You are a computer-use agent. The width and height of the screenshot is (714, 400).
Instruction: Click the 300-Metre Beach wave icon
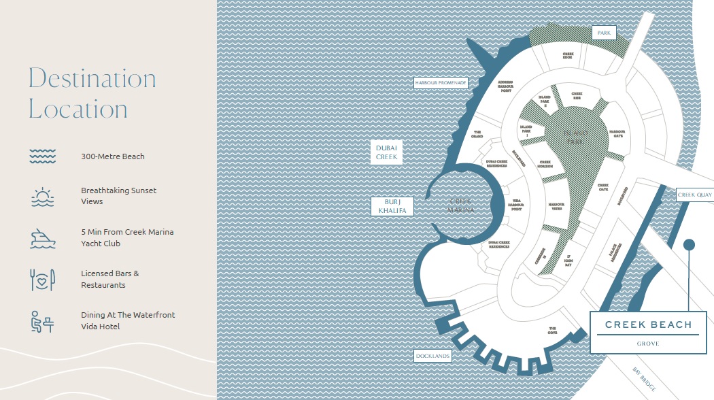pyautogui.click(x=42, y=156)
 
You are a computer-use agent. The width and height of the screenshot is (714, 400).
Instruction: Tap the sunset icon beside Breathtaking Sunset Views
pyautogui.click(x=42, y=197)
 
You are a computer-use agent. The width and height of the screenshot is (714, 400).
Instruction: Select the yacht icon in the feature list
pyautogui.click(x=42, y=237)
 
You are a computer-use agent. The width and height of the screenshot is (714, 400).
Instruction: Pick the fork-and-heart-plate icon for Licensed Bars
pyautogui.click(x=42, y=279)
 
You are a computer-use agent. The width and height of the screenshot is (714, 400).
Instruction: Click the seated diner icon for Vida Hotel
pyautogui.click(x=42, y=321)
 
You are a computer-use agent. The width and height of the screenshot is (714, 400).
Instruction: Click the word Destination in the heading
pyautogui.click(x=92, y=79)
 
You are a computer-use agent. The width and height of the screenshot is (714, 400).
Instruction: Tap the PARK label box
pyautogui.click(x=603, y=33)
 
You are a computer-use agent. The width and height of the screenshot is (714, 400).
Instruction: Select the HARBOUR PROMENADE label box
pyautogui.click(x=441, y=83)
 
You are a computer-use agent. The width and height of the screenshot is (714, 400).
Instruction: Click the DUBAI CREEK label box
pyautogui.click(x=386, y=152)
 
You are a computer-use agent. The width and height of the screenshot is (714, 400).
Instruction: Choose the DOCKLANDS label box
pyautogui.click(x=433, y=356)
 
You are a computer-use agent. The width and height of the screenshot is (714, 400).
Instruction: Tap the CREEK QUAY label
pyautogui.click(x=694, y=195)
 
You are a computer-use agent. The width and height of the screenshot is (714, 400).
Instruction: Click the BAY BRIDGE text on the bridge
pyautogui.click(x=643, y=379)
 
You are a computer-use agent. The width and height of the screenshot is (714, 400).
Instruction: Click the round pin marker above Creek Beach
pyautogui.click(x=689, y=245)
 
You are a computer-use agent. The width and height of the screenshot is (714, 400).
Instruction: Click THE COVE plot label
pyautogui.click(x=553, y=330)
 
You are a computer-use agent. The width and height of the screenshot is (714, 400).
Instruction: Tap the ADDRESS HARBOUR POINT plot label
pyautogui.click(x=505, y=87)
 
